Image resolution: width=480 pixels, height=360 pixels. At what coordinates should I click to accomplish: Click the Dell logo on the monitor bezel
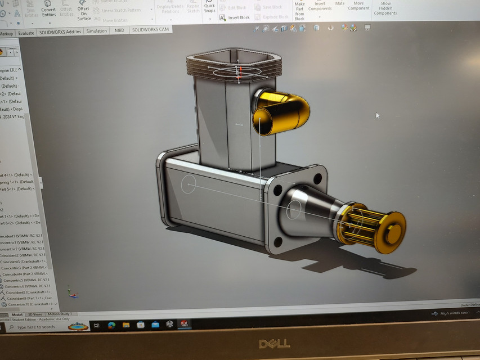tap(274, 343)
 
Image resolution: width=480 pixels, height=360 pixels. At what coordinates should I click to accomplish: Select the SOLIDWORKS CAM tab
tap(150, 30)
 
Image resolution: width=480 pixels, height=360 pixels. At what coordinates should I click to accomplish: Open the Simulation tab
tap(97, 31)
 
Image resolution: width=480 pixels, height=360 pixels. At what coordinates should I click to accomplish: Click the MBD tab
tap(119, 30)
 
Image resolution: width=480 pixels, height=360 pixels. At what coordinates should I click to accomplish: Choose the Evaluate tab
tap(26, 33)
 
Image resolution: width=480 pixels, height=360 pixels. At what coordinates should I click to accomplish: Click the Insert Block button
tap(235, 17)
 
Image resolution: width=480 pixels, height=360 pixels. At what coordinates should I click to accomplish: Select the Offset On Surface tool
tap(83, 11)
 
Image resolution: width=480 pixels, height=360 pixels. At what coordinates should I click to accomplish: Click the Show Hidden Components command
tap(385, 8)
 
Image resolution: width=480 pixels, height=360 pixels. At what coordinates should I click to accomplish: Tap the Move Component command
tap(359, 6)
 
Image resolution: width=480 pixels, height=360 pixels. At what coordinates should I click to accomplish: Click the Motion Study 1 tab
tap(61, 314)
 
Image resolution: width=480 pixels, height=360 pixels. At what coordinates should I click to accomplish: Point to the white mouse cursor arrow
tap(378, 115)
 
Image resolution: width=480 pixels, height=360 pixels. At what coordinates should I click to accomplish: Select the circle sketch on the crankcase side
tap(188, 184)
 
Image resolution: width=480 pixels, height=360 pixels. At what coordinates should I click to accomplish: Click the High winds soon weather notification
tap(455, 313)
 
